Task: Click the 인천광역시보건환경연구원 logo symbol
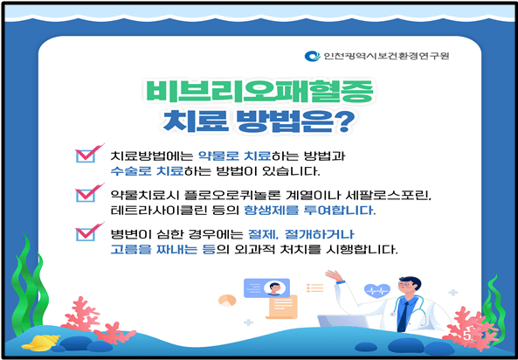point(311,57)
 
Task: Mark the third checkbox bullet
point(87,233)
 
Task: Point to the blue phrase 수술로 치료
point(144,171)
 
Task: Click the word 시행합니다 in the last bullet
point(362,250)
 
